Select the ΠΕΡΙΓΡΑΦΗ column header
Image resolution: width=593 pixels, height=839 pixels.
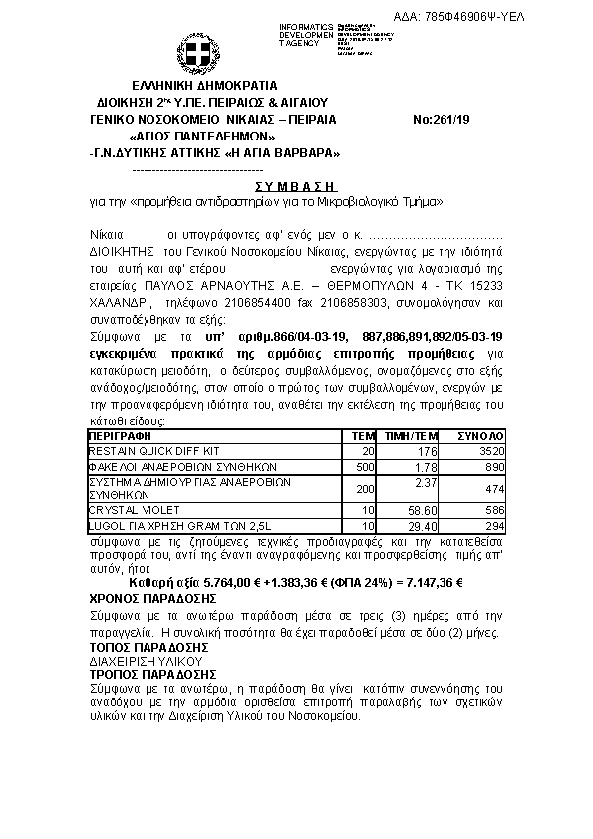coord(119,436)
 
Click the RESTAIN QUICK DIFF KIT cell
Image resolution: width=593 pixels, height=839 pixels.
coord(140,451)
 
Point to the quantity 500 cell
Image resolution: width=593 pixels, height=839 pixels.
coord(364,466)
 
